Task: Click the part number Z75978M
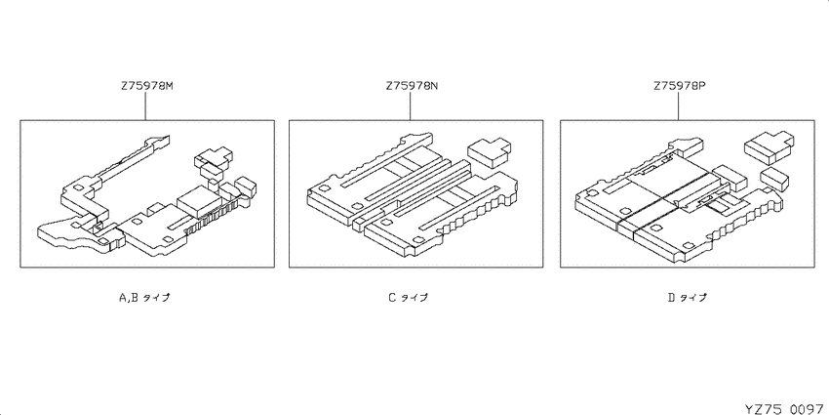coord(147,86)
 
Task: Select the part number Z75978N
coord(413,86)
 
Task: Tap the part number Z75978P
coord(680,86)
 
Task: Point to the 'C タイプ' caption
coord(408,298)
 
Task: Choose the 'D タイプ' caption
coord(687,298)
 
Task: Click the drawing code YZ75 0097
coord(787,409)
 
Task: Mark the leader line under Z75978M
coord(145,105)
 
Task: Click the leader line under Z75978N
coord(411,105)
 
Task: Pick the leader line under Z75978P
coord(679,105)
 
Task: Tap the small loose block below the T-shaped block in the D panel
coord(774,179)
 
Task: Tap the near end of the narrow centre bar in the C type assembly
coord(359,223)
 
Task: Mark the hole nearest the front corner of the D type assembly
coord(689,246)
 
